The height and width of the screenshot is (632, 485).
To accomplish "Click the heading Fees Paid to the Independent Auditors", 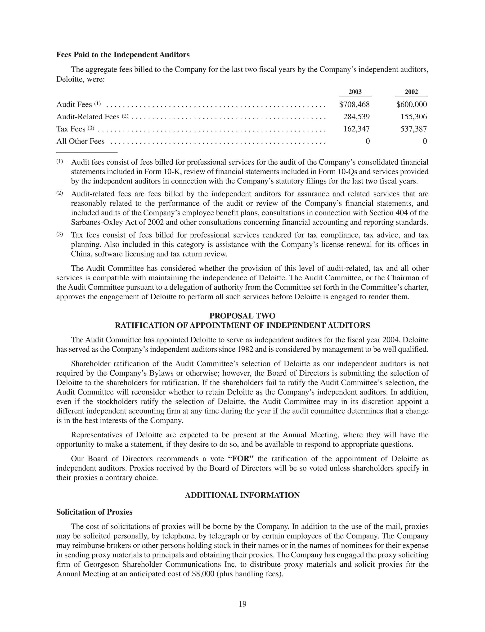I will click(123, 55).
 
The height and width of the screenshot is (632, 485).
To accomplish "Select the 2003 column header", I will click(355, 92).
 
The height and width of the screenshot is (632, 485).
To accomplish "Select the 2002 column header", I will click(411, 92).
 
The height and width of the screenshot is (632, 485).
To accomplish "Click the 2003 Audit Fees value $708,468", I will click(354, 104).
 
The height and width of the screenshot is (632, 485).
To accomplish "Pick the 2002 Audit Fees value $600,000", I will click(411, 104).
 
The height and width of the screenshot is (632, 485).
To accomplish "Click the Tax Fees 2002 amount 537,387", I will click(413, 129).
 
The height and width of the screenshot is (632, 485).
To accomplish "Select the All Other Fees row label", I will click(80, 141).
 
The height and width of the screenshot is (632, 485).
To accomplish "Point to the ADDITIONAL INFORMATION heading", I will click(242, 495).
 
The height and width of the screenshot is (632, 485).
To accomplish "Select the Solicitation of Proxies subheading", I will click(94, 512).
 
